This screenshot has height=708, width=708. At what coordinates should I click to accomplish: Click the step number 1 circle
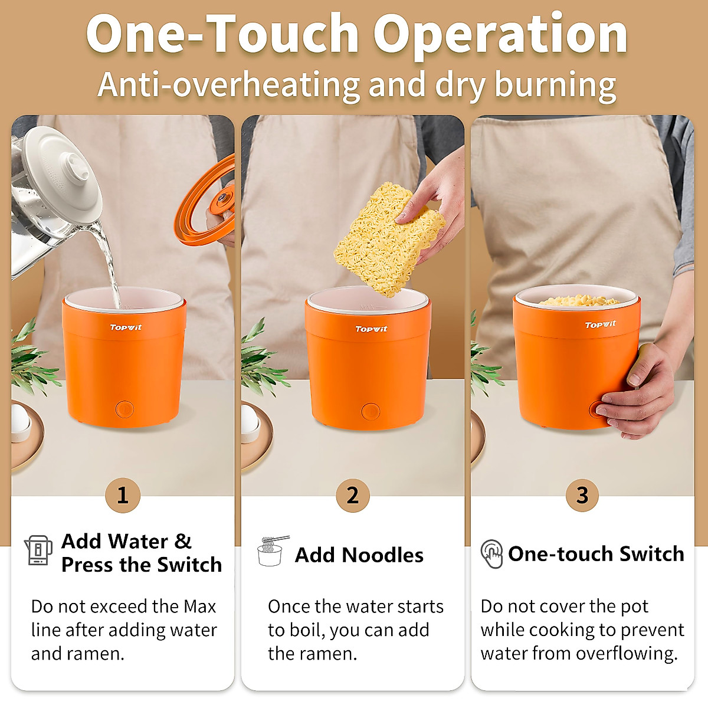point(123,495)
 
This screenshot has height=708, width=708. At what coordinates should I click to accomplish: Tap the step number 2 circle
point(353,495)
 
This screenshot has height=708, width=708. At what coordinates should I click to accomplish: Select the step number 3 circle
point(582,495)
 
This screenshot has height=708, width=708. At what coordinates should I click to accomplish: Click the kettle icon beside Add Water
point(38,550)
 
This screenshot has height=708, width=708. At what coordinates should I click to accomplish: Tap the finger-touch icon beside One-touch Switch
point(491,553)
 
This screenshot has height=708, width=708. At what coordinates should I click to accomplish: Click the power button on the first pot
point(124,408)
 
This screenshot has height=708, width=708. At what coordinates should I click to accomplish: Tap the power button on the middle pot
point(371,411)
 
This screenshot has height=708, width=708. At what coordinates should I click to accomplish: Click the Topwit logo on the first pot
point(126,327)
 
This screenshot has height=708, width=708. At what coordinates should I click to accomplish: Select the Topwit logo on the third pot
point(600,324)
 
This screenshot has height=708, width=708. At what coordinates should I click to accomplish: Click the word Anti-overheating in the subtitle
point(230,84)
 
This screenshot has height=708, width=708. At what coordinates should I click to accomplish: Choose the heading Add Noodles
point(359,555)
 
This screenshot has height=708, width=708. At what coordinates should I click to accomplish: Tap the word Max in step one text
point(200,607)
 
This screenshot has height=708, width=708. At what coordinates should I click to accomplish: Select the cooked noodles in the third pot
point(578,301)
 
